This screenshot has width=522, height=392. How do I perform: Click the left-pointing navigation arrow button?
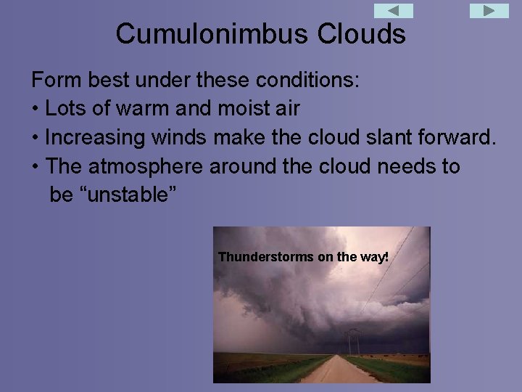point(394,11)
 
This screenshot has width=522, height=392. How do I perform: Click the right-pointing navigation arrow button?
point(489,11)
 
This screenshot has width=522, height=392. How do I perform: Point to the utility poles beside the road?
point(354,341)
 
